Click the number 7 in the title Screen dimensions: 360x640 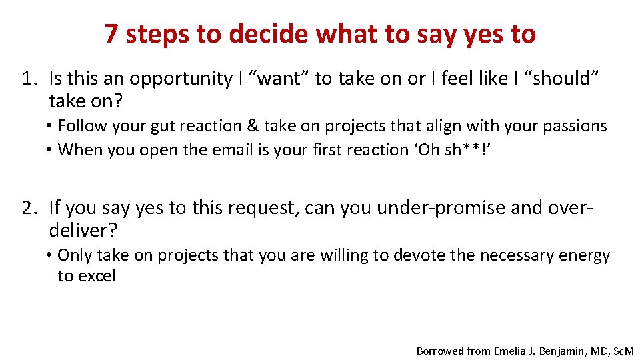coord(112,34)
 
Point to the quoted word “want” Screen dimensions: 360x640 coord(279,79)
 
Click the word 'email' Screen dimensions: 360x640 coord(249,149)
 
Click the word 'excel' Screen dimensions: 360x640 coord(97,276)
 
